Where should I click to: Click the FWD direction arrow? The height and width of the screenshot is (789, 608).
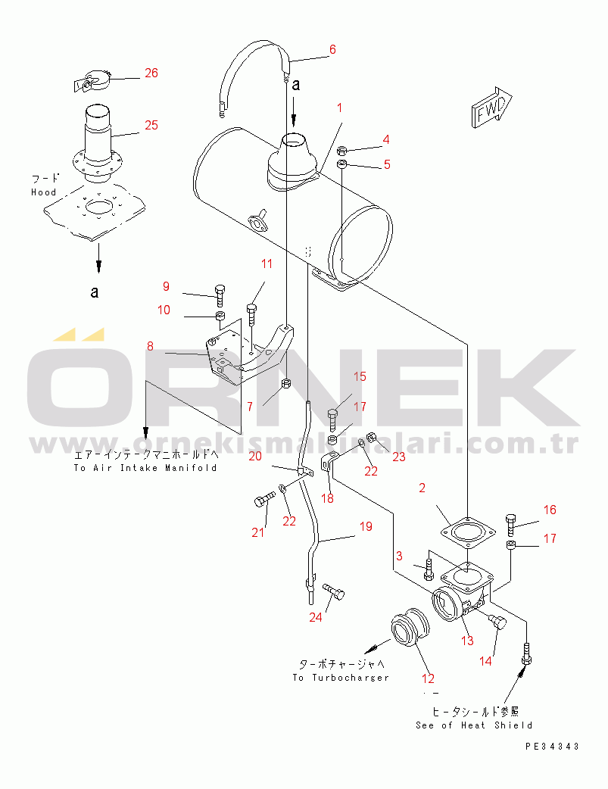(491, 107)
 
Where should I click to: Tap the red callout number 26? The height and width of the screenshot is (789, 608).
(151, 73)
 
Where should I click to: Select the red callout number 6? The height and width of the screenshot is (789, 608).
(332, 49)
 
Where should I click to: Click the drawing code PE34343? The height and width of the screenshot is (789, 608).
(552, 747)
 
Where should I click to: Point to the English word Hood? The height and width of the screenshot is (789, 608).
(44, 192)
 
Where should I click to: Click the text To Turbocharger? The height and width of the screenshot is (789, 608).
(341, 677)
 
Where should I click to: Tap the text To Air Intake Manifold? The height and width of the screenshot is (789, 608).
(145, 467)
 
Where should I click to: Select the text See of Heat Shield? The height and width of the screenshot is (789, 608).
(474, 725)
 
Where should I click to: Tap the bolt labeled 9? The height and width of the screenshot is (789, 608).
(220, 295)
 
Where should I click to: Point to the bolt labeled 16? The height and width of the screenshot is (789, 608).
(510, 524)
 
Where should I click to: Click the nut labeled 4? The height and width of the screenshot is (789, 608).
(341, 149)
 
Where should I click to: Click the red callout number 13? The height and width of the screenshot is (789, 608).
(468, 640)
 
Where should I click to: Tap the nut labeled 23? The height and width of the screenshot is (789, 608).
(372, 437)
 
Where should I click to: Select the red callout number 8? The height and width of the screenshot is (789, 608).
(150, 346)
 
